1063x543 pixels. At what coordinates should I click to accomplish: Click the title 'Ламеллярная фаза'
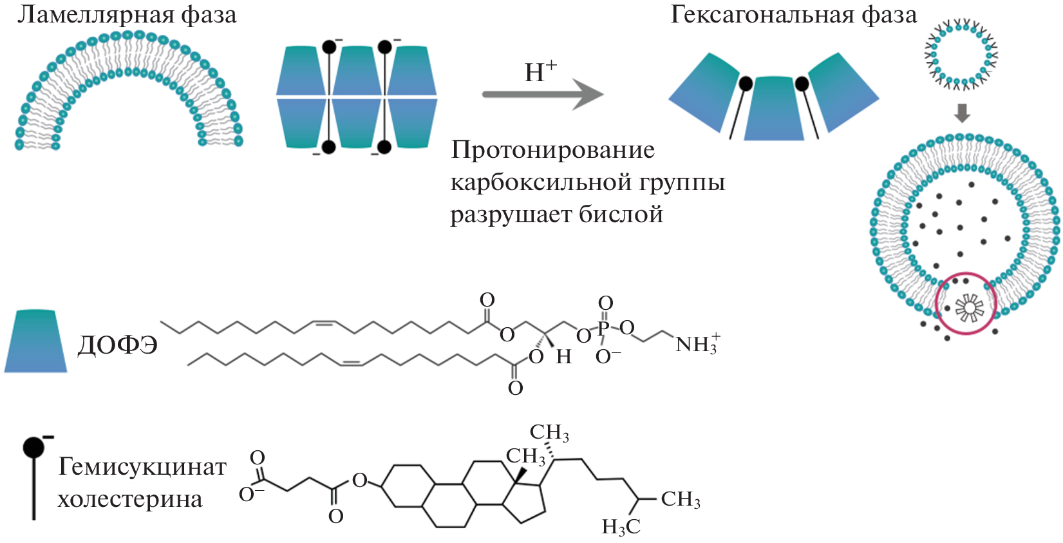127,15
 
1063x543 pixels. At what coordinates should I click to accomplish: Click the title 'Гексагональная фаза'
793,14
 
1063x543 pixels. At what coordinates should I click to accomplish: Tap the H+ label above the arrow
540,71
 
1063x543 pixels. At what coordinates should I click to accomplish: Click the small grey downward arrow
962,113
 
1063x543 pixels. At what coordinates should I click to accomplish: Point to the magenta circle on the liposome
965,303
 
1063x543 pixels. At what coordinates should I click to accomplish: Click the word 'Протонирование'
553,150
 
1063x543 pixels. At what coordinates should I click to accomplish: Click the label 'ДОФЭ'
117,346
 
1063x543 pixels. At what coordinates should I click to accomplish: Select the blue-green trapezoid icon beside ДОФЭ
35,341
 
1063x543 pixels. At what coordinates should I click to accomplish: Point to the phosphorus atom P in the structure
603,329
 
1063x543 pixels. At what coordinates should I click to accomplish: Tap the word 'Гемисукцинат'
142,466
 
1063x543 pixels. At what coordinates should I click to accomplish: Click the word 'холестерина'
130,499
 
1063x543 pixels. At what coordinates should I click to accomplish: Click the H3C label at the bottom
621,527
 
